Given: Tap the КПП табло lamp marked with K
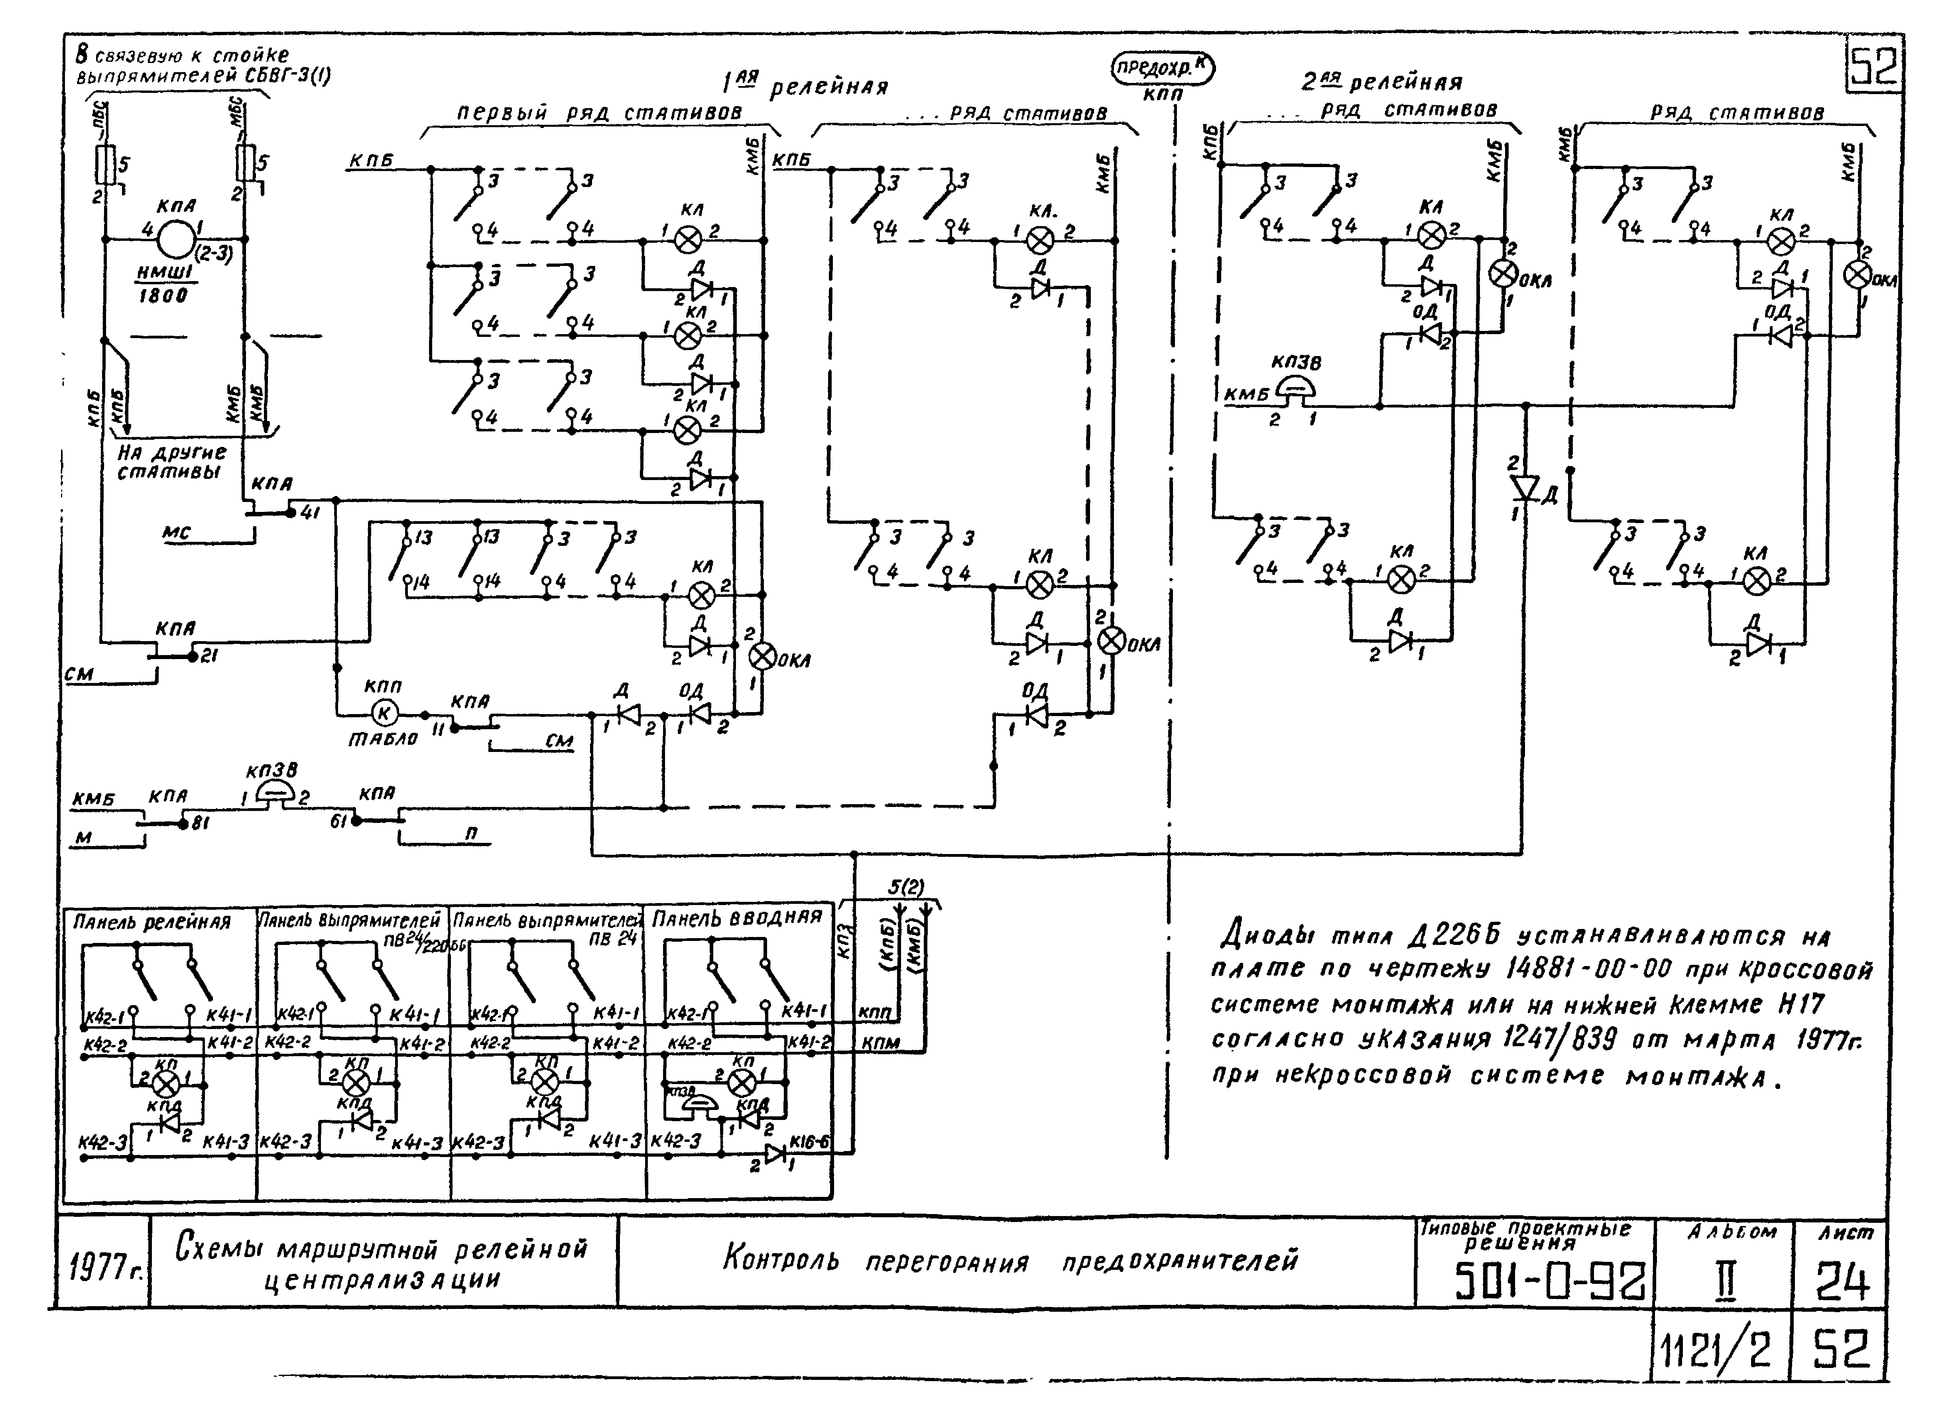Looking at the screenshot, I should point(384,713).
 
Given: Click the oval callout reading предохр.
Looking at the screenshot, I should point(1162,69).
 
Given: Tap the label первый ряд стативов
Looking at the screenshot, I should point(599,113).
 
